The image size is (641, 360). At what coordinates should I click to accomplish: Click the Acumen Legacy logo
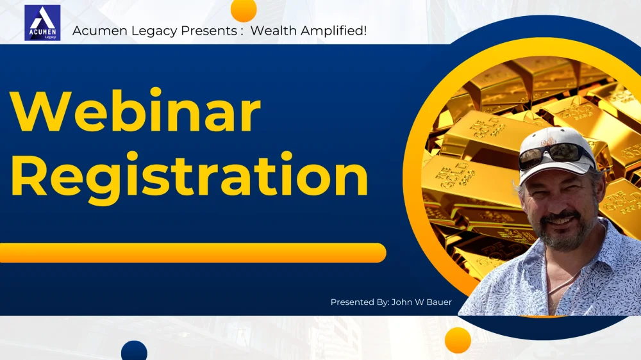[x=42, y=23]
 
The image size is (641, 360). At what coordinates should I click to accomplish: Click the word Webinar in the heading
[x=135, y=111]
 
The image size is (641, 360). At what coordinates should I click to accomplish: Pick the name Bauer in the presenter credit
[x=439, y=302]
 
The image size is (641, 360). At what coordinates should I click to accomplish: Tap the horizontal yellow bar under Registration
[x=193, y=252]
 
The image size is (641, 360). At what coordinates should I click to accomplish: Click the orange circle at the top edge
[x=244, y=9]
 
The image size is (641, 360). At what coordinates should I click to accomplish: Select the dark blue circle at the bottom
[x=134, y=351]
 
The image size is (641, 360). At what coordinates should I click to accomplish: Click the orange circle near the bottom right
[x=458, y=340]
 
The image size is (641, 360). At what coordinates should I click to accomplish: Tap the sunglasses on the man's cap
[x=555, y=155]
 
